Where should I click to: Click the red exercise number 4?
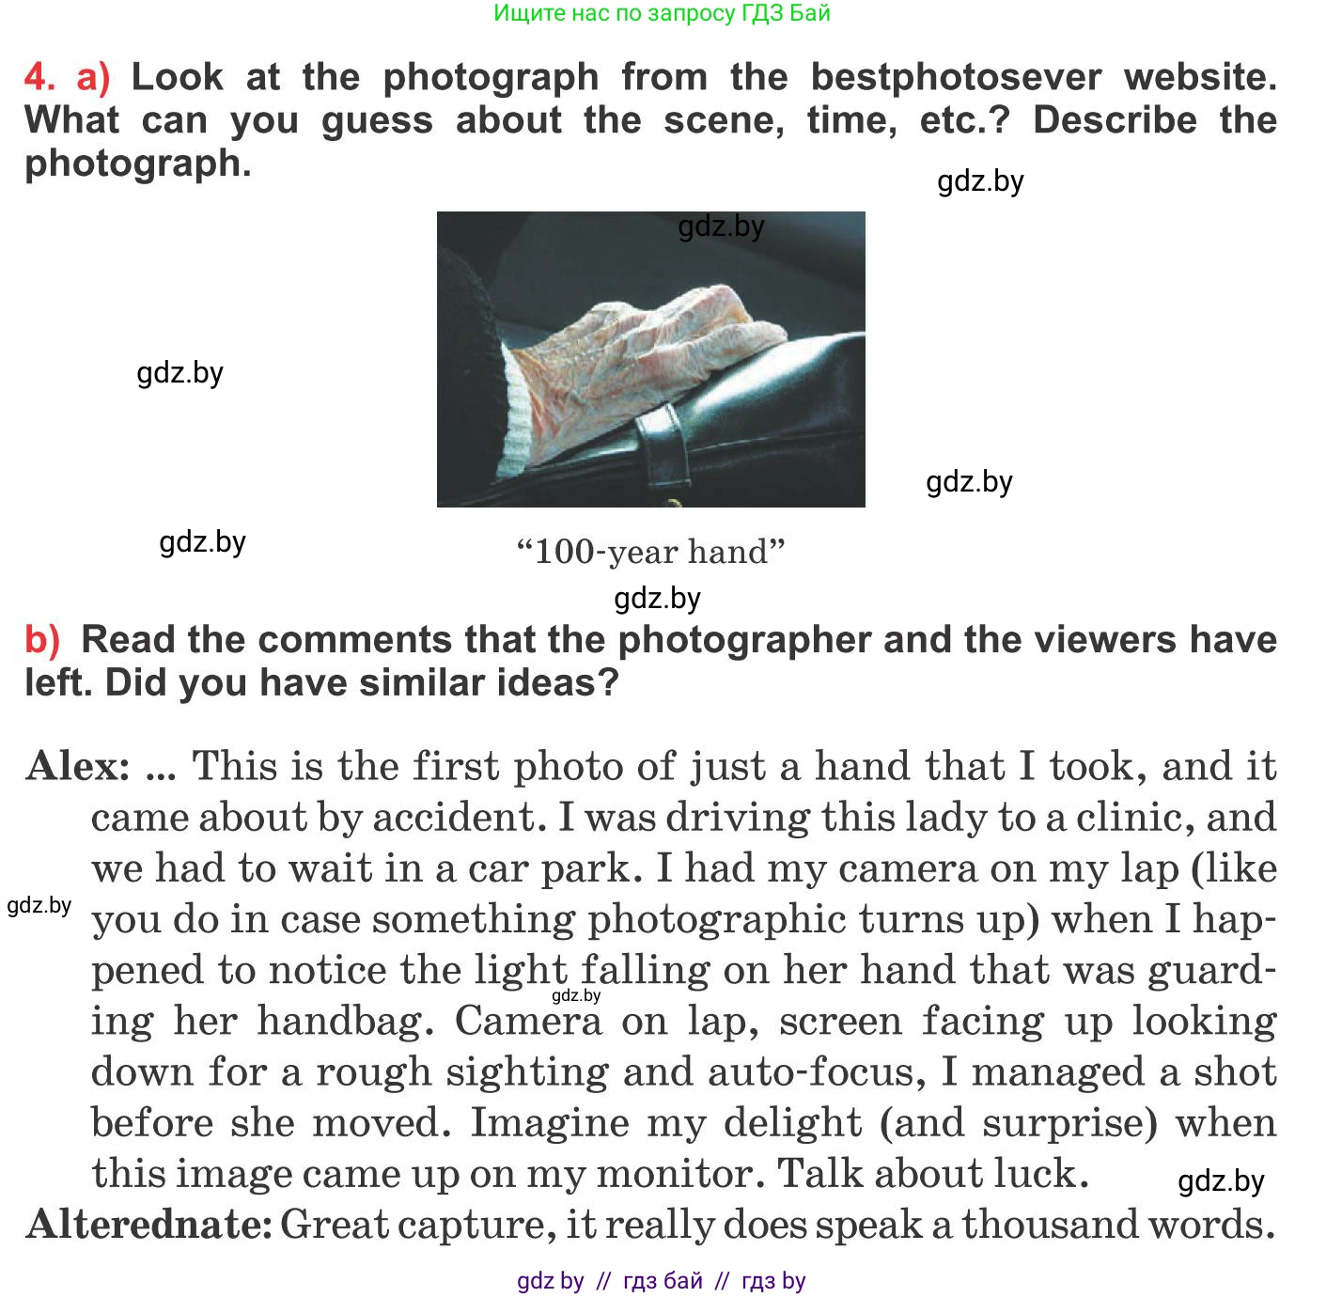(x=38, y=77)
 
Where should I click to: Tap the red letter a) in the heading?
(x=93, y=77)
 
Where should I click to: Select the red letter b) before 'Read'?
(x=42, y=640)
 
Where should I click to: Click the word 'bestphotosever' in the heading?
(x=956, y=77)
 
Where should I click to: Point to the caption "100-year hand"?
(x=650, y=552)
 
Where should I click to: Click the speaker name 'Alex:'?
(x=78, y=767)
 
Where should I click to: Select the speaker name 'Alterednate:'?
(x=148, y=1225)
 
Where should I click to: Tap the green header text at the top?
(x=662, y=13)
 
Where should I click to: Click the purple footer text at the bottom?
(x=662, y=1281)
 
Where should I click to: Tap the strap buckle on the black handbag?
(x=665, y=442)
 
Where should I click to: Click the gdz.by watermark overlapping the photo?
(x=721, y=227)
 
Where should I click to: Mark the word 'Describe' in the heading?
(x=1115, y=120)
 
